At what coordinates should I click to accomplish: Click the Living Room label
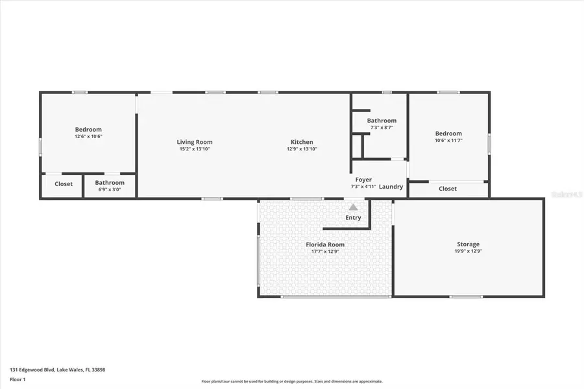click(x=195, y=142)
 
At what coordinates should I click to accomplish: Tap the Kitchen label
click(x=302, y=142)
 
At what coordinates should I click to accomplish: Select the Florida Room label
click(x=325, y=244)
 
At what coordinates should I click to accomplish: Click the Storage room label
click(x=468, y=244)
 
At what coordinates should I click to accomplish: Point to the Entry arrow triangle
click(x=353, y=207)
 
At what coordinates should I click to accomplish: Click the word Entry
click(x=353, y=218)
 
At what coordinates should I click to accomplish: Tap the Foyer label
click(x=363, y=180)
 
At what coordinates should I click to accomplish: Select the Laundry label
click(x=391, y=187)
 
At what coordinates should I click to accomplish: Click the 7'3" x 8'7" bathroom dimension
click(x=382, y=128)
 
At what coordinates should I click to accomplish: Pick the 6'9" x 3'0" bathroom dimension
click(x=110, y=190)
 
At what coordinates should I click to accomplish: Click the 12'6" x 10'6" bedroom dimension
click(x=88, y=137)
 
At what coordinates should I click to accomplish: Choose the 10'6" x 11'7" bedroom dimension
click(x=448, y=140)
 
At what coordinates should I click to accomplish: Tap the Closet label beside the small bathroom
click(x=64, y=184)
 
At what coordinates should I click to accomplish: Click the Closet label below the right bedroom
click(x=448, y=189)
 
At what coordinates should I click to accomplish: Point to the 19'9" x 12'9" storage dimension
click(x=468, y=252)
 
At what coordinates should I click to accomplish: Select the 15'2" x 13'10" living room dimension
click(x=195, y=149)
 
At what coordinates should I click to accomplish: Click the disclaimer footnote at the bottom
click(x=291, y=381)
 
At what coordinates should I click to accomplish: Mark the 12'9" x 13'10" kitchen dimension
click(x=302, y=149)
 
